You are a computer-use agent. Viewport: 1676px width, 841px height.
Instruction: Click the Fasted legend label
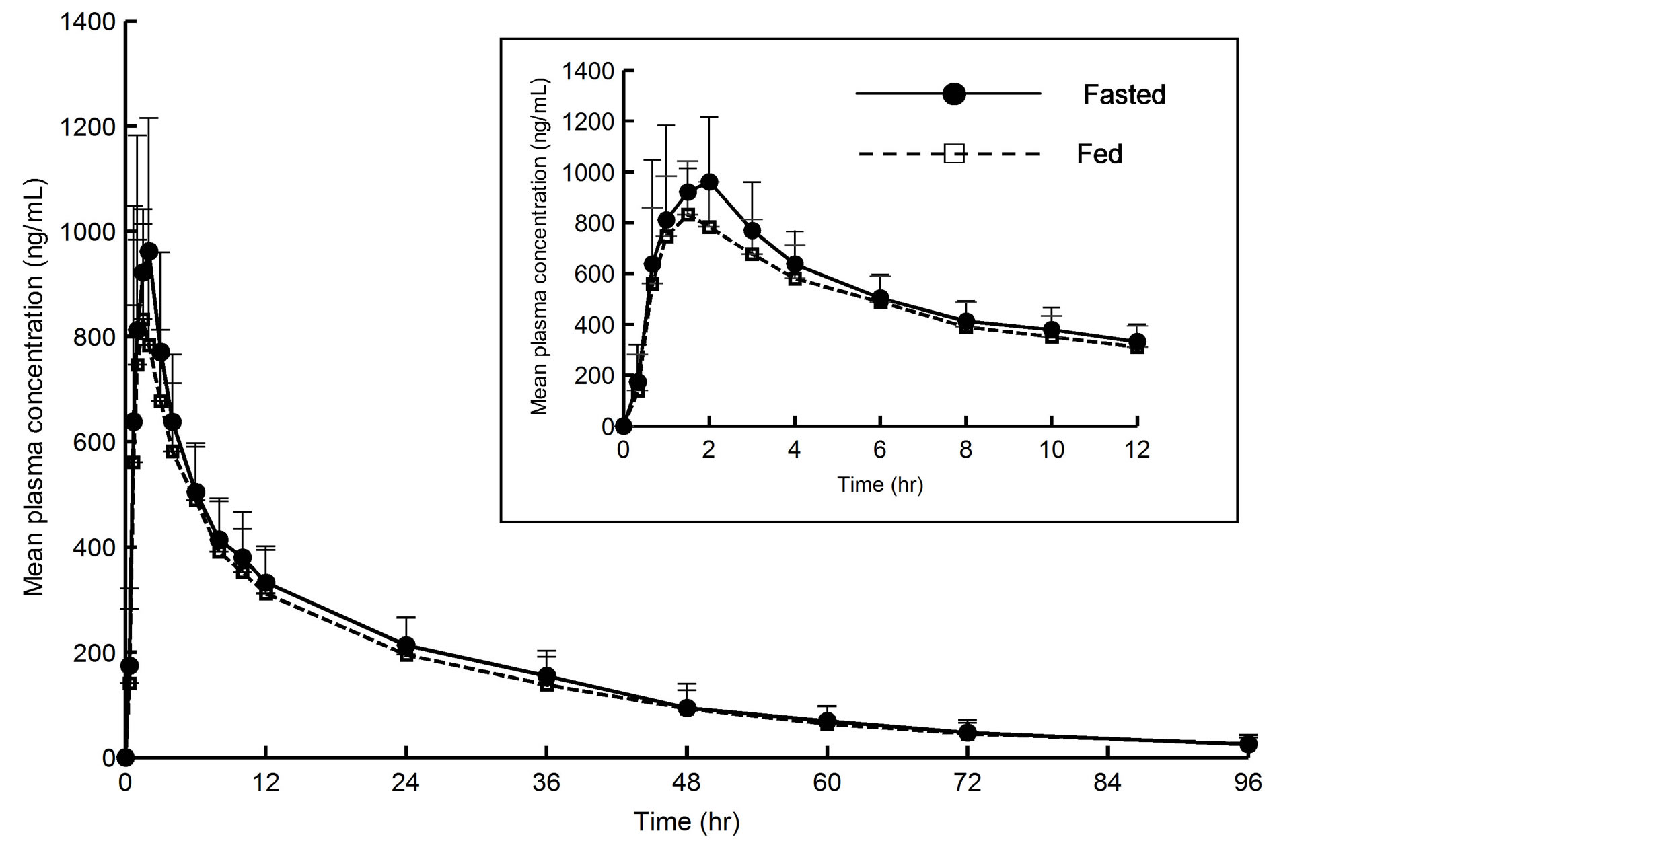coord(1124,95)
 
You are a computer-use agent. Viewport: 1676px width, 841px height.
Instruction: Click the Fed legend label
coord(1099,154)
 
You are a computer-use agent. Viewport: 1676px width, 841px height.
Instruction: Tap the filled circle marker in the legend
coord(953,94)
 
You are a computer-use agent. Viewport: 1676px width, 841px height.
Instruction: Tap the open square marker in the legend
coord(953,154)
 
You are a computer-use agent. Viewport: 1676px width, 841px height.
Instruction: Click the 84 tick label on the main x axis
coord(1107,782)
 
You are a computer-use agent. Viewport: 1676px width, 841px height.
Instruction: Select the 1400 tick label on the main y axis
coord(87,22)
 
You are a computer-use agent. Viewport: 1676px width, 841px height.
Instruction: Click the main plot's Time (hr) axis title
coord(686,821)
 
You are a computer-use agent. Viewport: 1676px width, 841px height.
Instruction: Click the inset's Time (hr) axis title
coord(879,484)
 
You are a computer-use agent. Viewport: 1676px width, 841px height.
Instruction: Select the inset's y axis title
coord(540,247)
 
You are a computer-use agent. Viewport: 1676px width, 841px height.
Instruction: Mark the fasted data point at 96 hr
coord(1247,744)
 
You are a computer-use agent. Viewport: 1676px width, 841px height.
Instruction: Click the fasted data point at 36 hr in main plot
coord(546,675)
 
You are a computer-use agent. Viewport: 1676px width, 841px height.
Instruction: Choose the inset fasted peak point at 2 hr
coord(709,182)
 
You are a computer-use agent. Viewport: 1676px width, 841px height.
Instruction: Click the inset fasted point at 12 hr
coord(1137,341)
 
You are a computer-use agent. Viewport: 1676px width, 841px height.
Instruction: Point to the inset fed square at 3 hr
coord(752,254)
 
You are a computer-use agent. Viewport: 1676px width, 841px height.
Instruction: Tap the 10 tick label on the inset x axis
coord(1052,449)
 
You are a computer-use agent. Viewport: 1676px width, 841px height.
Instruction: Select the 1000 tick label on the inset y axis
coord(588,173)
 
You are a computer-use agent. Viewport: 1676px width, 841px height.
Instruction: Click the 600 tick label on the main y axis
coord(94,443)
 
